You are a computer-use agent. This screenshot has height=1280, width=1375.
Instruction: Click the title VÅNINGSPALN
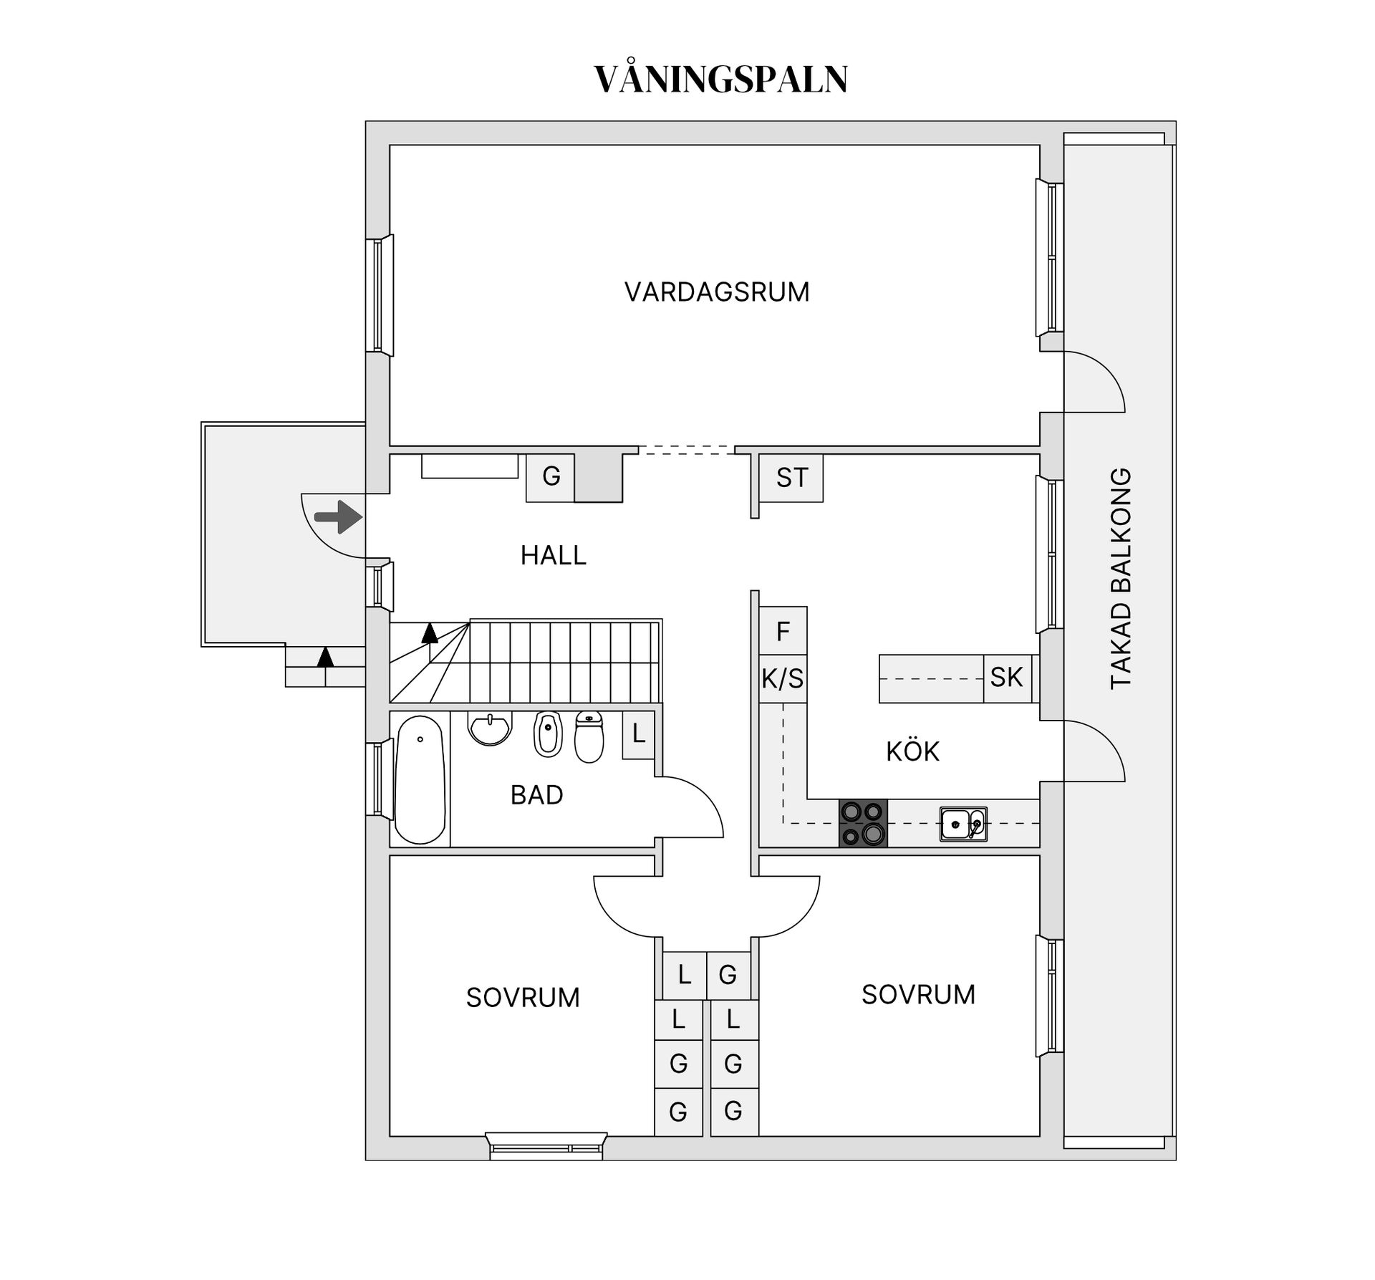click(x=720, y=80)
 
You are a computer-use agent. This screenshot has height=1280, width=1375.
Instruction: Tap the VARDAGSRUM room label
click(x=717, y=292)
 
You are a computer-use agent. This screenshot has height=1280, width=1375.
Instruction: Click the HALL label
click(x=553, y=555)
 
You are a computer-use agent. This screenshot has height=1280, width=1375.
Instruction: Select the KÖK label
click(x=912, y=751)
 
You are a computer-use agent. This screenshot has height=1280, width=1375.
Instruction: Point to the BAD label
click(x=536, y=795)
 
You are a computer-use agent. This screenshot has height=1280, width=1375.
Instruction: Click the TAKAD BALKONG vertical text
click(x=1121, y=578)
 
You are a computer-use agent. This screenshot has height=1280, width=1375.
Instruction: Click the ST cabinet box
click(x=791, y=478)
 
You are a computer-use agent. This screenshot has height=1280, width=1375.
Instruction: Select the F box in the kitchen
click(x=783, y=631)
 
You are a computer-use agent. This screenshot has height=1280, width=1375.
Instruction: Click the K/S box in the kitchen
click(x=783, y=678)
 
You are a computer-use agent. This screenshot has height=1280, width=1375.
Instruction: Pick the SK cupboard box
click(x=1006, y=678)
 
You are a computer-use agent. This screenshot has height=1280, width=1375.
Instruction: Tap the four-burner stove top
click(x=863, y=823)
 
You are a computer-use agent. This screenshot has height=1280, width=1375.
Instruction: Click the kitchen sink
click(x=962, y=824)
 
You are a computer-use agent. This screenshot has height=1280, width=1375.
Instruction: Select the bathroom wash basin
click(x=490, y=728)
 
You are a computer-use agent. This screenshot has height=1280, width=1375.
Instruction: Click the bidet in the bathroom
click(x=549, y=734)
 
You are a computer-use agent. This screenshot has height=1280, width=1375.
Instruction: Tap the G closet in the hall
click(x=551, y=477)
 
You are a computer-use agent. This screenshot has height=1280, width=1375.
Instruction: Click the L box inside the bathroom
click(x=638, y=734)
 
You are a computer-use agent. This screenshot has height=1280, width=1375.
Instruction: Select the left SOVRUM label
click(x=523, y=998)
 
